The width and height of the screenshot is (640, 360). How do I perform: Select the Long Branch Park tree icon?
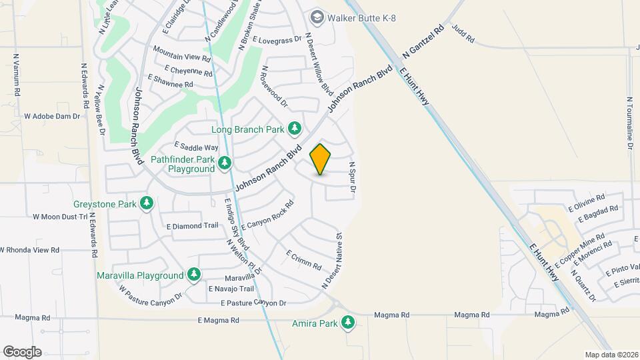(x=294, y=129)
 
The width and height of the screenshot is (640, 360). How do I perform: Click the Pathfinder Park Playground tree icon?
(x=225, y=163)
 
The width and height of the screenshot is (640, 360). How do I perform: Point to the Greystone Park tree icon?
(x=147, y=203)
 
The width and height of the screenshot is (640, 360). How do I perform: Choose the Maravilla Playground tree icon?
(x=194, y=274)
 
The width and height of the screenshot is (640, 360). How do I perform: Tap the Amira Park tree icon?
(x=347, y=323)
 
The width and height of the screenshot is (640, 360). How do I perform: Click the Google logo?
(x=22, y=351)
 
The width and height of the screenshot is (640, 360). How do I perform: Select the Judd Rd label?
(x=463, y=35)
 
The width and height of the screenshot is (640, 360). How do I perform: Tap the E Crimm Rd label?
(x=304, y=259)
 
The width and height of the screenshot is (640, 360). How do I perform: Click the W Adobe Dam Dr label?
(x=52, y=116)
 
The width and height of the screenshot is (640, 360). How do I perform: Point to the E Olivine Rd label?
(x=587, y=203)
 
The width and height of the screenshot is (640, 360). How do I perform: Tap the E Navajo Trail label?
(x=231, y=289)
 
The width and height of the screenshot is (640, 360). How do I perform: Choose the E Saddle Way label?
(x=196, y=147)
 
